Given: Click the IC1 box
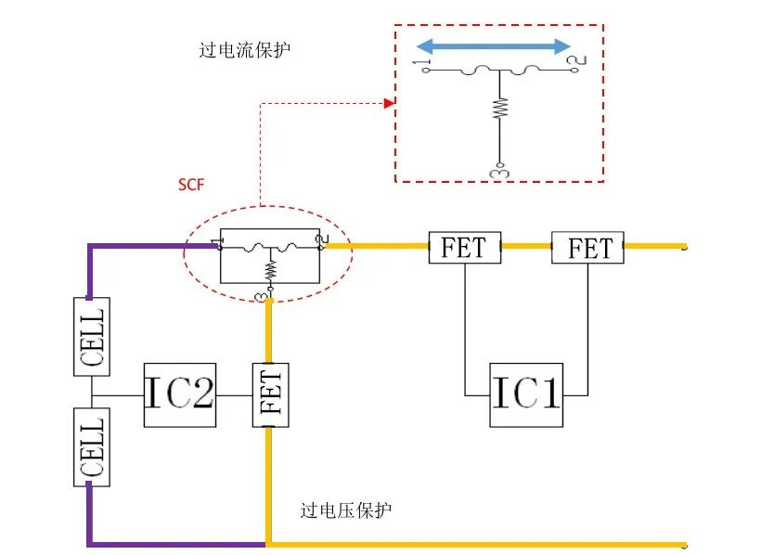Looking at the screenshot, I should [x=526, y=394].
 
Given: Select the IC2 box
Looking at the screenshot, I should [x=180, y=394].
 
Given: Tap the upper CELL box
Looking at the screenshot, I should [x=92, y=336].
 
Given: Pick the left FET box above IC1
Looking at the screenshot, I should [x=464, y=247].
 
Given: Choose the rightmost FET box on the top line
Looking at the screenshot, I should [x=587, y=248].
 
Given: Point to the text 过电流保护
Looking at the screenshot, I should [x=244, y=50].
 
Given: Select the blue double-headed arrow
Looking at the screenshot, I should [x=492, y=46].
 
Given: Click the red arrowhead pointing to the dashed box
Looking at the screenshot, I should [x=390, y=103].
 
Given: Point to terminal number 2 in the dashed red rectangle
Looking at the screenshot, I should [x=578, y=63].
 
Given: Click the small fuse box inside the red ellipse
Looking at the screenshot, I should [x=269, y=255].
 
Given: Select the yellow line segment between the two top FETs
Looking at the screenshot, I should [x=526, y=247].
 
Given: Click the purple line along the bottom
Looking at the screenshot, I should [x=176, y=542].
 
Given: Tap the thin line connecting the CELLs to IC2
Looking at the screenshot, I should [x=118, y=394].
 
